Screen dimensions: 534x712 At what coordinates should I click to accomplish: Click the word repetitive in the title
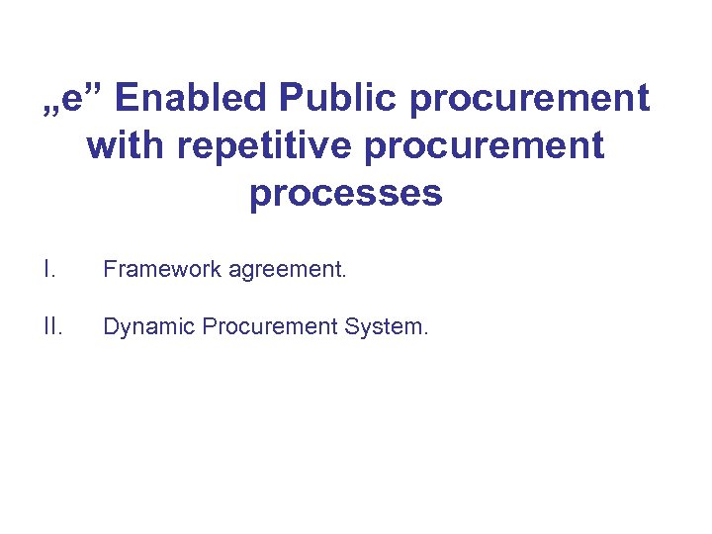pyautogui.click(x=256, y=146)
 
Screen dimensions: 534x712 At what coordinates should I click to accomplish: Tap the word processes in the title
pyautogui.click(x=345, y=194)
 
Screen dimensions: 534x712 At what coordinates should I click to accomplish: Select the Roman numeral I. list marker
pyautogui.click(x=46, y=268)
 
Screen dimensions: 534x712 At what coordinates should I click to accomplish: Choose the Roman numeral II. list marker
pyautogui.click(x=50, y=326)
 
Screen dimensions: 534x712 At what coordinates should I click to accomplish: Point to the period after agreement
pyautogui.click(x=344, y=275)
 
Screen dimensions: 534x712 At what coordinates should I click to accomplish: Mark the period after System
pyautogui.click(x=425, y=333)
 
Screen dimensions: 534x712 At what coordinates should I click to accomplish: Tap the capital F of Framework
pyautogui.click(x=109, y=268)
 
